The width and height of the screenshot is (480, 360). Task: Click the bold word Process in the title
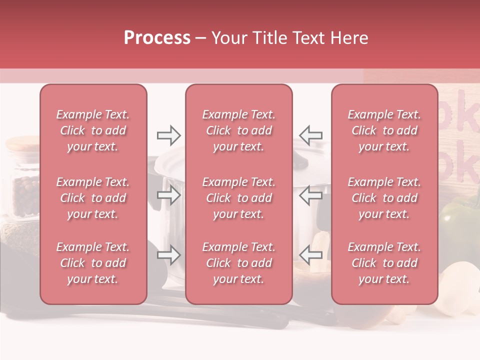click(x=157, y=38)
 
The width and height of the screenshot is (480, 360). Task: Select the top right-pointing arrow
click(x=168, y=135)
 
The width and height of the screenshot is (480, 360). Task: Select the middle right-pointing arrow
click(x=168, y=195)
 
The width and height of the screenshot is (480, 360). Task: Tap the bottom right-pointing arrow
click(x=168, y=255)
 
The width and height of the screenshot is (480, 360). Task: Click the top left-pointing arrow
click(x=310, y=135)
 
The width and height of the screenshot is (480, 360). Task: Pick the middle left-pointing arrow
click(x=310, y=195)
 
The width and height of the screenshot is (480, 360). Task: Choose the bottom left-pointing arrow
click(x=310, y=255)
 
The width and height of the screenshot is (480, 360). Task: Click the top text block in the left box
click(x=93, y=130)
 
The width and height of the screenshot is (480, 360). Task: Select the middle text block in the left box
click(x=93, y=198)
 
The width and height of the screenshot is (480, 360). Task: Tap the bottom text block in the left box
click(x=93, y=263)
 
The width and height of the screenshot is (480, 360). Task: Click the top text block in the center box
click(x=238, y=130)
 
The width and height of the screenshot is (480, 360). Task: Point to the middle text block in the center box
click(x=238, y=198)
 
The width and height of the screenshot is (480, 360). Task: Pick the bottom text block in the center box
click(x=238, y=263)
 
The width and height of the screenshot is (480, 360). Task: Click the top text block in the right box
click(x=384, y=130)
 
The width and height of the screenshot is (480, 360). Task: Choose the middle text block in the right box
click(x=384, y=198)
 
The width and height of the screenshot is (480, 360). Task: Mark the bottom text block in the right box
click(x=384, y=263)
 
